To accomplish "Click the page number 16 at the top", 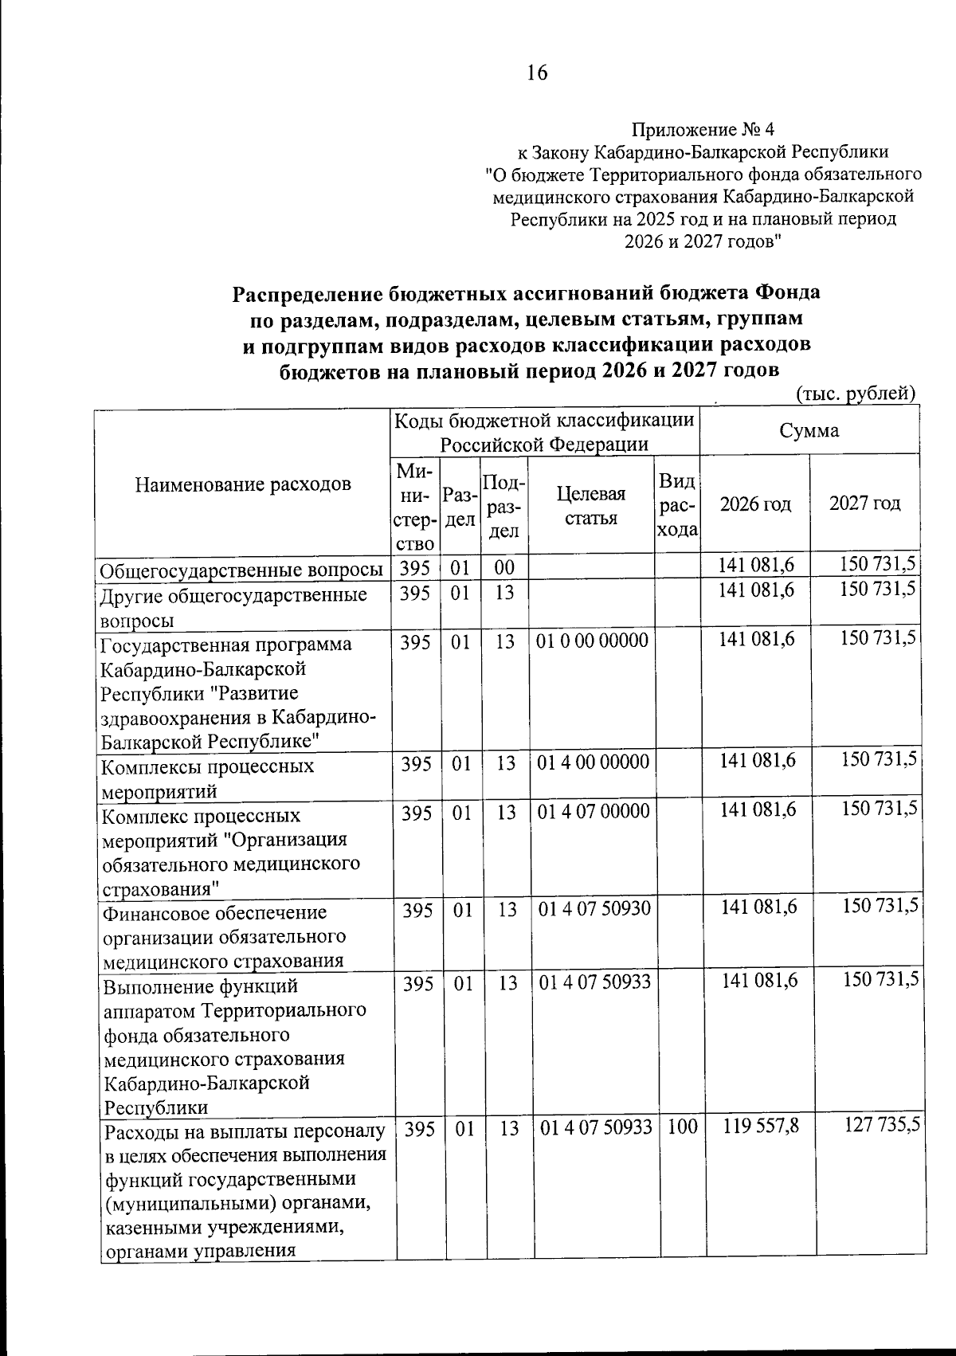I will point(536,73).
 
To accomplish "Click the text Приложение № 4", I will point(702,129).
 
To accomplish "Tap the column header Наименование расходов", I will point(243,484).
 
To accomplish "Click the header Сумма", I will point(809,431).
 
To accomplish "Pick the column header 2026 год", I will point(755,504).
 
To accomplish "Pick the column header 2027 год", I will point(864,504).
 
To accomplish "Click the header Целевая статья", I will point(590,505).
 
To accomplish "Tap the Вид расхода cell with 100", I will point(682,1127).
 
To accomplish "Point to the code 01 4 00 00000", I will point(594,762).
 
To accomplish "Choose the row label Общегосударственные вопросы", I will point(241,570).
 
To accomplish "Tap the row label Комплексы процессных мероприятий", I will point(207,778).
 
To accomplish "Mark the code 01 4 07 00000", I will point(594,812).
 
